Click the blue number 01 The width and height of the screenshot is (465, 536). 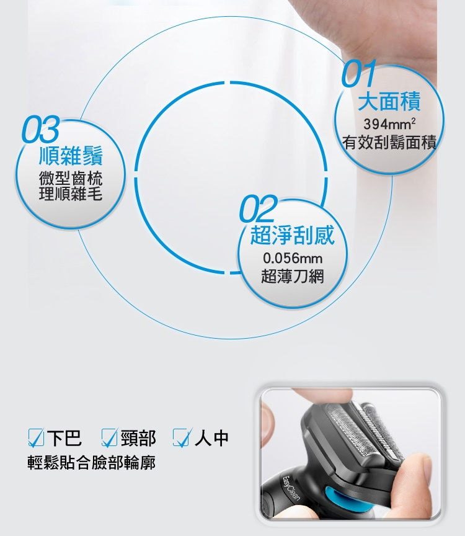coord(358,73)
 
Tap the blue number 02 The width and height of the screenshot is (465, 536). coord(258,208)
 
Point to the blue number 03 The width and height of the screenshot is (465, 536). coord(41,129)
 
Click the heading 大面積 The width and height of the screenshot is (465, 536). coord(389,102)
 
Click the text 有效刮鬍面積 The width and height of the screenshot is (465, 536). coord(389,142)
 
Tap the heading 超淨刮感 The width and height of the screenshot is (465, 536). coord(292,236)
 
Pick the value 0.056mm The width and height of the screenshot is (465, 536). coord(293,258)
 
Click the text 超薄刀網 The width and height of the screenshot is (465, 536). coord(293,276)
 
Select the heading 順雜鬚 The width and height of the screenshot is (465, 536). coord(71,156)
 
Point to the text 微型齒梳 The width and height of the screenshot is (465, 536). coord(71,178)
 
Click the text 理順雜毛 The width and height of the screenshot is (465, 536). coord(71,194)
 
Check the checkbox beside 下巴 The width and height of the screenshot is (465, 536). coord(36,438)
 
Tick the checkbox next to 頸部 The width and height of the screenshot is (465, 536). coord(110,438)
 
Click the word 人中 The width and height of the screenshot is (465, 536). coord(211,438)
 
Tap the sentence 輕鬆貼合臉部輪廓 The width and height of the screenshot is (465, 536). coord(92,463)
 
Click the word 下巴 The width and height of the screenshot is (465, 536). coord(64,438)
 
